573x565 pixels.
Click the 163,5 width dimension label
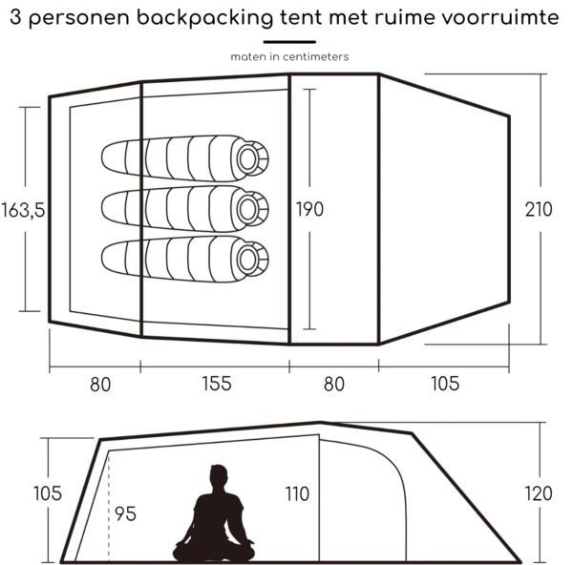click(x=23, y=210)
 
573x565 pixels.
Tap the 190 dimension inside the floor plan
click(x=309, y=209)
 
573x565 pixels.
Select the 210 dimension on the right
click(x=539, y=210)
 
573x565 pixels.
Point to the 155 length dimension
click(x=217, y=384)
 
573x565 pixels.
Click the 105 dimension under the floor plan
click(x=445, y=384)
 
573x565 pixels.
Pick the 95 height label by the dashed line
click(x=125, y=513)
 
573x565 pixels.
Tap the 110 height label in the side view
click(x=297, y=493)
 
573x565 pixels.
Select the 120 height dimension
click(x=539, y=493)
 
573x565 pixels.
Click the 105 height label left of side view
click(x=47, y=493)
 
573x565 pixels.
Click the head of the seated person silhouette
click(x=218, y=475)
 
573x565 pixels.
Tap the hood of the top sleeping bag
click(x=251, y=158)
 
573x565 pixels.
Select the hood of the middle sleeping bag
click(x=251, y=209)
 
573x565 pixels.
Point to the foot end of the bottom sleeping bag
click(x=114, y=259)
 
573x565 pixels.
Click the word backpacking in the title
click(x=204, y=17)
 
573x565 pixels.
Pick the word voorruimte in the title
click(x=499, y=17)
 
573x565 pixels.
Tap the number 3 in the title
click(x=15, y=17)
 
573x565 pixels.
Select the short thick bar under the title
click(x=289, y=42)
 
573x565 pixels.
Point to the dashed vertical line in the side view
click(x=109, y=509)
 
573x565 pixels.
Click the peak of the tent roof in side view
click(x=320, y=423)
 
